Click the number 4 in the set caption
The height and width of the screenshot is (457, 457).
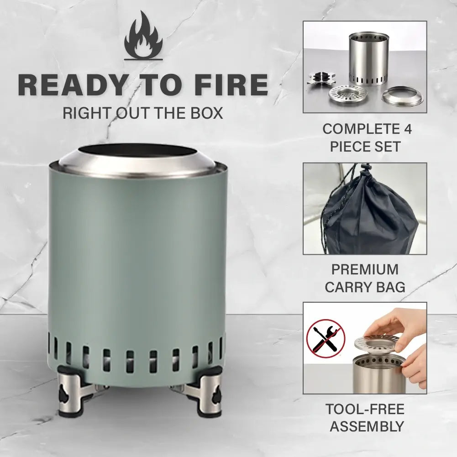(x=407, y=129)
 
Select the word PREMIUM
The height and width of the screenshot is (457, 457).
(x=365, y=269)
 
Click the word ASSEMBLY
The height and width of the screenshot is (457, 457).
(x=367, y=426)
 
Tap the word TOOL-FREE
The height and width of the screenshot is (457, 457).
(x=365, y=409)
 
